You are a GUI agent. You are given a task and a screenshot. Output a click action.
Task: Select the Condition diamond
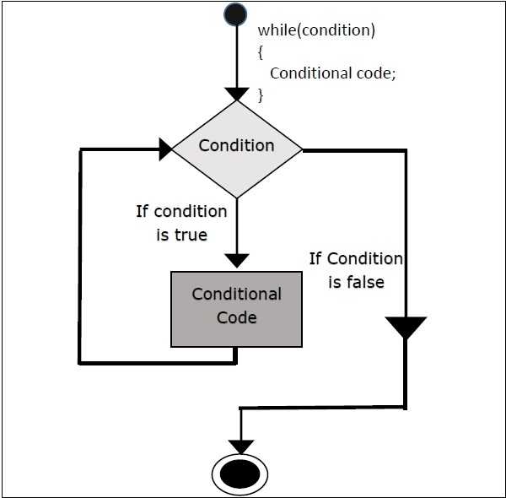click(x=237, y=149)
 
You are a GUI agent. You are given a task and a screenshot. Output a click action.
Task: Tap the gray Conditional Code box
click(x=236, y=309)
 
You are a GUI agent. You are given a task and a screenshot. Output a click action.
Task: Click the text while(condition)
click(x=316, y=30)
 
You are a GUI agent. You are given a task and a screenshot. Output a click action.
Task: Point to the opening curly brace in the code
click(x=261, y=51)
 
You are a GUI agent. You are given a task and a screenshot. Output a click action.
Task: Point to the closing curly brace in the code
click(x=261, y=95)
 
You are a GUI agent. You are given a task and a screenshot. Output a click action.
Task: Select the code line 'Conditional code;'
click(x=332, y=73)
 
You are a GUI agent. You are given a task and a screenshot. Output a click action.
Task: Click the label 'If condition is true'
click(x=181, y=223)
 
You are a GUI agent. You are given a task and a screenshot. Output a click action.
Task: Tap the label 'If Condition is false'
click(x=356, y=270)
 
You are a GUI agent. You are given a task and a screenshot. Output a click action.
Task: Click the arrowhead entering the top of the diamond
click(x=237, y=93)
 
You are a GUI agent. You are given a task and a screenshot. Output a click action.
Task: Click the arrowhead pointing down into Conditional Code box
click(x=238, y=260)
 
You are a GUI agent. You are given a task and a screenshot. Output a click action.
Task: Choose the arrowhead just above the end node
click(x=241, y=446)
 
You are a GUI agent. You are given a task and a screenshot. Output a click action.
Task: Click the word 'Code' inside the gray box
click(x=236, y=318)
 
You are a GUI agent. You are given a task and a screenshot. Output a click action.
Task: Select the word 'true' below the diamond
click(x=191, y=235)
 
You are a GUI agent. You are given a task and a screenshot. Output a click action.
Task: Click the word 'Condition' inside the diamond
click(x=236, y=145)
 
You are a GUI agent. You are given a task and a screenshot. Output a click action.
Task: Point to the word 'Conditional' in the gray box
click(x=236, y=295)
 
